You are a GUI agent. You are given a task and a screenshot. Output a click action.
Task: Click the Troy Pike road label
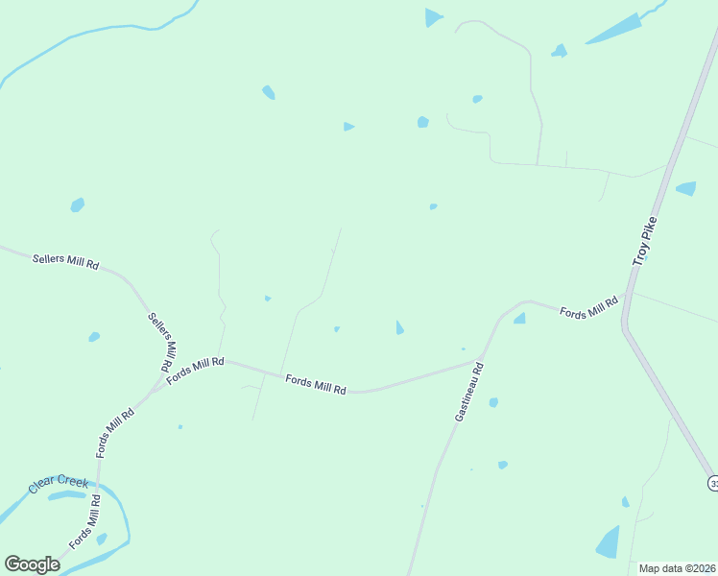click(x=644, y=242)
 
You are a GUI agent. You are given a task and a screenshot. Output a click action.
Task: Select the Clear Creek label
click(x=59, y=484)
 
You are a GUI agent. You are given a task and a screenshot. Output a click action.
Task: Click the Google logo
click(x=32, y=564)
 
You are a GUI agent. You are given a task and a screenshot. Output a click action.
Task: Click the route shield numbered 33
click(x=712, y=482)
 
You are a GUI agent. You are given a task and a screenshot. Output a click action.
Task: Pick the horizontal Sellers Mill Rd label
click(x=65, y=261)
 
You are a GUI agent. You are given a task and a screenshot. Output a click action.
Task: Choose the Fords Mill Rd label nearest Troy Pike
click(x=588, y=307)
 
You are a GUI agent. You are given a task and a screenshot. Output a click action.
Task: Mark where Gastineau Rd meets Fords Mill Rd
click(x=482, y=360)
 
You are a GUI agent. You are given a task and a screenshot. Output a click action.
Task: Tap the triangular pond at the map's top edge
click(x=433, y=17)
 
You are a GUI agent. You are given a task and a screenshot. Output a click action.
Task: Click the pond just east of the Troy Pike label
click(x=686, y=188)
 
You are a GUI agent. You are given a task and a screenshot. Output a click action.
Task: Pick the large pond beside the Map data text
click(x=608, y=542)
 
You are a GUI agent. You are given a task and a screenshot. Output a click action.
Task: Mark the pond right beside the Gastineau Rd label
click(x=493, y=402)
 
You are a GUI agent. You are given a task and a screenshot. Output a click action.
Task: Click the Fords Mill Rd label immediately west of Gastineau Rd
click(x=315, y=384)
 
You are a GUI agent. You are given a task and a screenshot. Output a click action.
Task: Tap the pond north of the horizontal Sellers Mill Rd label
click(x=77, y=204)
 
